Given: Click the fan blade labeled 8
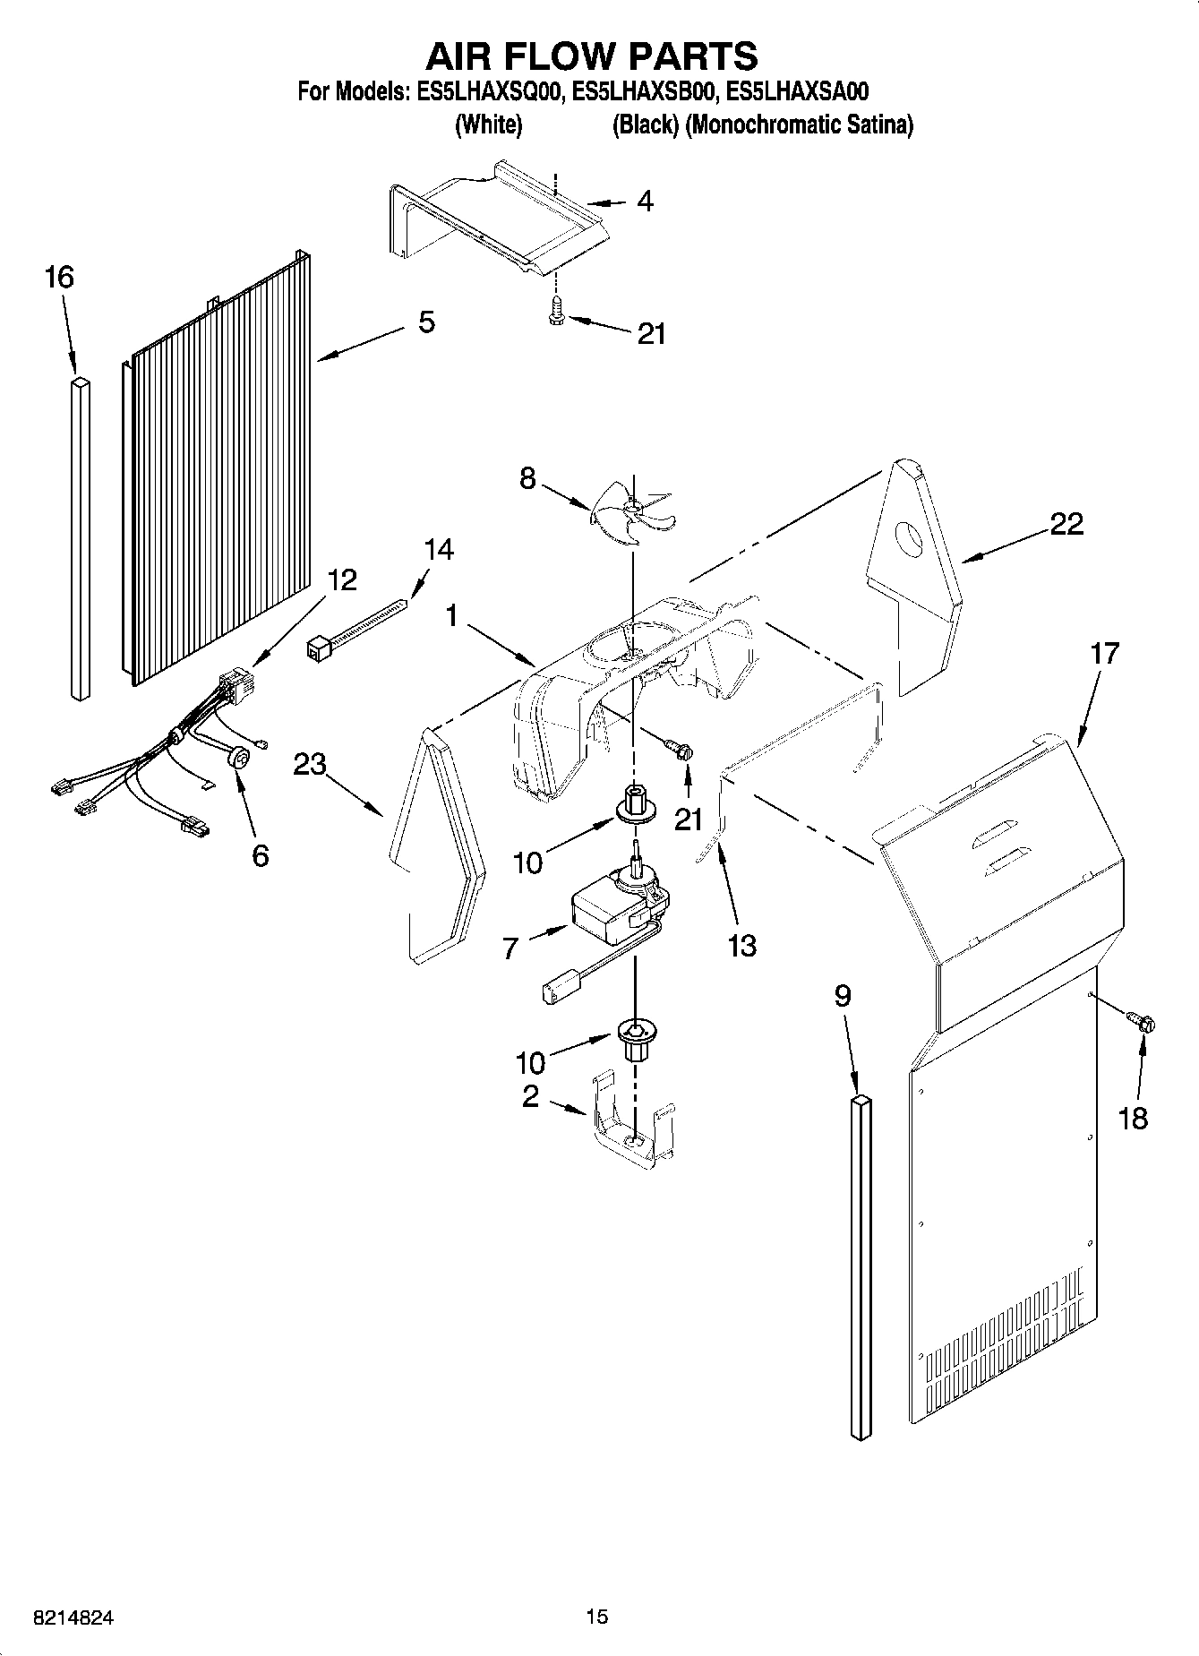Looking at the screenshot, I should (630, 511).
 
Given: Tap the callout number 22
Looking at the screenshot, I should (1066, 524).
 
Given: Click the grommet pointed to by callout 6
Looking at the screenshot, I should (239, 759).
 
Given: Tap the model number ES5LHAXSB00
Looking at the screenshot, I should (644, 91).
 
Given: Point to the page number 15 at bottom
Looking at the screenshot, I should (596, 1617).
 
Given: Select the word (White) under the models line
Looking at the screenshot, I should (488, 125).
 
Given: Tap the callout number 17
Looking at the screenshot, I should (1105, 654).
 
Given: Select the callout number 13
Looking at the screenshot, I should (742, 945).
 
